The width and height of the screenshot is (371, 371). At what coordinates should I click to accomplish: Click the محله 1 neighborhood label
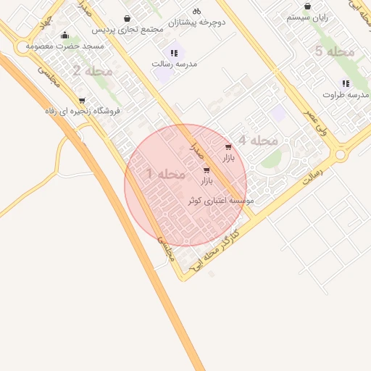pos(166,175)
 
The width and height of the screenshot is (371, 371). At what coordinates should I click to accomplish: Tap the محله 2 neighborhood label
pos(93,71)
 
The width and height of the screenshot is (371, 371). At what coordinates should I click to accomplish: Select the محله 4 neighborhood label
pos(258,141)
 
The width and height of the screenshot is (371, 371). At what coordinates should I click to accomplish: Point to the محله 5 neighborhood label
pos(334,51)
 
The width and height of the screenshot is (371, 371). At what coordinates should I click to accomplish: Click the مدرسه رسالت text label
pos(173,64)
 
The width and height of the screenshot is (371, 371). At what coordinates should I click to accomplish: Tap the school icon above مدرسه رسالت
pos(173,53)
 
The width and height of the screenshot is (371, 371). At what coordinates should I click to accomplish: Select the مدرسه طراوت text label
pos(346,94)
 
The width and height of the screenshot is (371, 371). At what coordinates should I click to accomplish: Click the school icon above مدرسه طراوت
pos(346,83)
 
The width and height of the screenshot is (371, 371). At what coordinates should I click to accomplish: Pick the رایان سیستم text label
pos(307,17)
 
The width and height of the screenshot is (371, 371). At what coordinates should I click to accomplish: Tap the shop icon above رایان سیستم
pos(307,7)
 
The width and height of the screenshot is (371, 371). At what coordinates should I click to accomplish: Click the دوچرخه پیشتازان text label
pos(196,22)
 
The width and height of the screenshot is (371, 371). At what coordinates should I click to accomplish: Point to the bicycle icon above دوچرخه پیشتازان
pos(196,11)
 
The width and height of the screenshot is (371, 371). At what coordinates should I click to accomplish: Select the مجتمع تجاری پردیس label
pos(127,30)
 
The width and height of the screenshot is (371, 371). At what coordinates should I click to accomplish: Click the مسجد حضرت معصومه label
pos(65,46)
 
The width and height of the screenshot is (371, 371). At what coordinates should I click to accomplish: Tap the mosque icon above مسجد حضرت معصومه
pos(65,35)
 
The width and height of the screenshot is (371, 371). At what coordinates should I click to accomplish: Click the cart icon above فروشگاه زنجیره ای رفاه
pos(82,100)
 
